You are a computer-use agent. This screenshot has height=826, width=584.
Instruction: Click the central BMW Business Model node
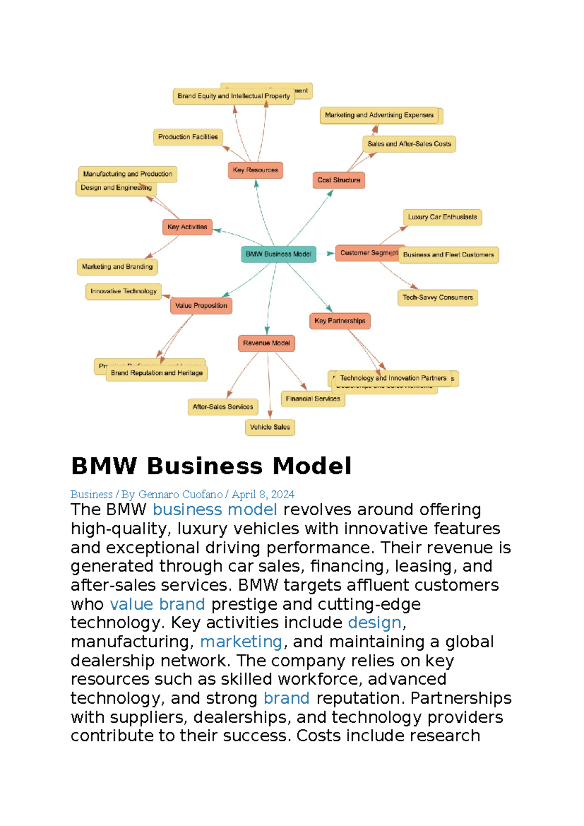click(x=278, y=254)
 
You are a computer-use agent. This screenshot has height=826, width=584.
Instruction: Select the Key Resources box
click(x=255, y=170)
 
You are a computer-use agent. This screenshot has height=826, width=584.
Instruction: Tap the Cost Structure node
click(x=338, y=180)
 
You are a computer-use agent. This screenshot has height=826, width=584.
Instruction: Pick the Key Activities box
click(x=187, y=227)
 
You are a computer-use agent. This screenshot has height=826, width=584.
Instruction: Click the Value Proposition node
click(x=201, y=306)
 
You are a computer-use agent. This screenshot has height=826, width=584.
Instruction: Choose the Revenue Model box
click(x=266, y=343)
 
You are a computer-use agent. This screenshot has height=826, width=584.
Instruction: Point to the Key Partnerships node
click(x=340, y=321)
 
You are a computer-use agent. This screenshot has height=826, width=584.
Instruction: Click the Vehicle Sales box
click(x=270, y=427)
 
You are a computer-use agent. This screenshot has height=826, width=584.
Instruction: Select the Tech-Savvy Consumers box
click(x=438, y=298)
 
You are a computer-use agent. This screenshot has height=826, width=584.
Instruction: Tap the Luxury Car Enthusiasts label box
click(x=442, y=217)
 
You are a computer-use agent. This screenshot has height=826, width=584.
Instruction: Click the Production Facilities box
click(x=188, y=137)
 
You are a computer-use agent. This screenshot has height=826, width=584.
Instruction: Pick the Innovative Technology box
click(x=123, y=291)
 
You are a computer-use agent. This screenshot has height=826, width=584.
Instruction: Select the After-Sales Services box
click(x=223, y=407)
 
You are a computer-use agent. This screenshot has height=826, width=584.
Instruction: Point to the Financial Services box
click(x=313, y=399)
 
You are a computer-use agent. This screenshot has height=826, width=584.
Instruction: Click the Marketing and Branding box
click(x=117, y=267)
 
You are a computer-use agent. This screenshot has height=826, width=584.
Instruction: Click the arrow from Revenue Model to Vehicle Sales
click(x=269, y=385)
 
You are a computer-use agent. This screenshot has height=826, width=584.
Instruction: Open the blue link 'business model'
click(x=215, y=510)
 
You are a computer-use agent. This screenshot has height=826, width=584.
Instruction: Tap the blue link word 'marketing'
click(x=241, y=642)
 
